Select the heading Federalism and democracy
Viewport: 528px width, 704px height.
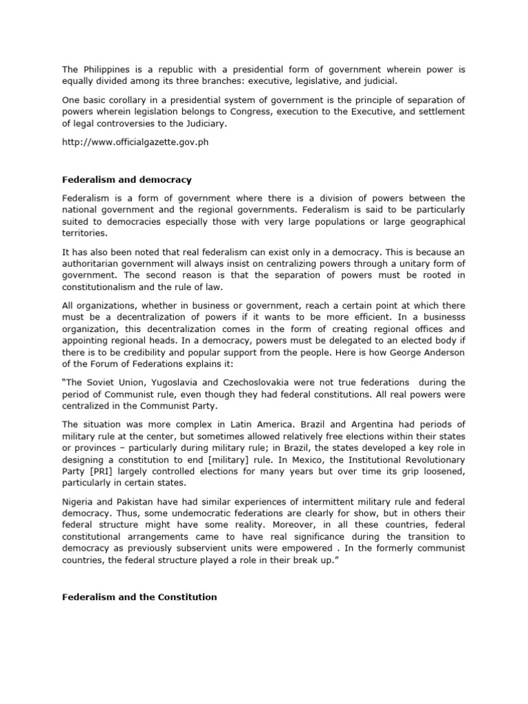pos(126,179)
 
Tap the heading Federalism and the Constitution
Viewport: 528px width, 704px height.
pos(140,597)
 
